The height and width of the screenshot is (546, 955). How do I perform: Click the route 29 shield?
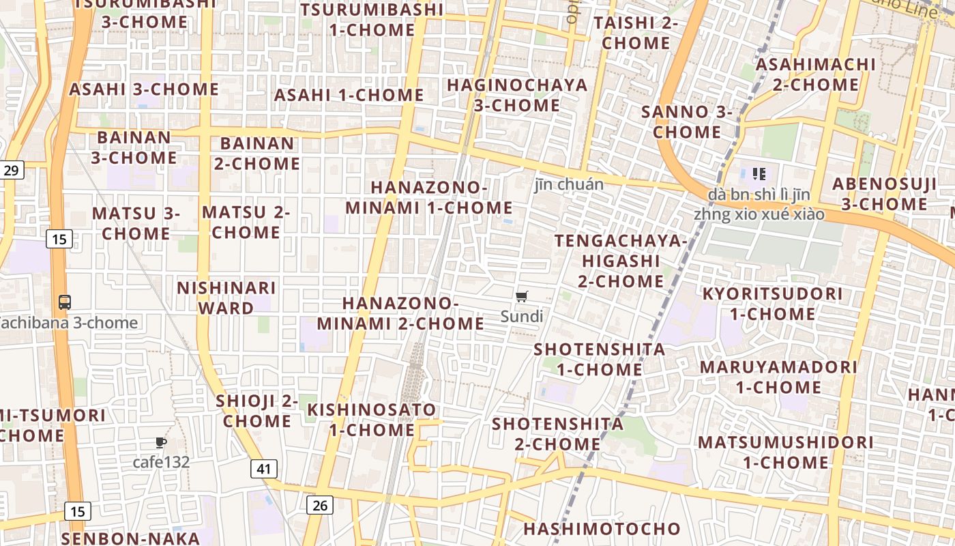click(11, 170)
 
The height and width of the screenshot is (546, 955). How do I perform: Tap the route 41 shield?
click(264, 469)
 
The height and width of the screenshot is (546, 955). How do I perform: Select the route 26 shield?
click(319, 505)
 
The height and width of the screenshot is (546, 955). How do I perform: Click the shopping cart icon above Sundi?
click(522, 296)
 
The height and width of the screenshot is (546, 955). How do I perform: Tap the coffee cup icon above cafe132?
click(161, 443)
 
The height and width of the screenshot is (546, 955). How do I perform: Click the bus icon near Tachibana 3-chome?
click(65, 302)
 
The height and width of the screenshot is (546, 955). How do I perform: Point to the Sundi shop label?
click(522, 316)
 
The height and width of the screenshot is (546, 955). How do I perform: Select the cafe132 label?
click(161, 462)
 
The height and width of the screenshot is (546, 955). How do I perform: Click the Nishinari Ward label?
click(226, 298)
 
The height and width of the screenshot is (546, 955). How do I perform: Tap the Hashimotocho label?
click(602, 528)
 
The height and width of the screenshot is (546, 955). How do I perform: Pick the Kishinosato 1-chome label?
click(372, 420)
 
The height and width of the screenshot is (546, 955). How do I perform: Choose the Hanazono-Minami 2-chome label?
click(400, 313)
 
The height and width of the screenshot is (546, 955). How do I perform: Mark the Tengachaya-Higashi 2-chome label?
click(621, 261)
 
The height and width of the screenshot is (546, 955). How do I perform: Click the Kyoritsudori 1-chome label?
click(773, 304)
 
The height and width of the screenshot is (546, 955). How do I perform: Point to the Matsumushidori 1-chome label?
click(785, 452)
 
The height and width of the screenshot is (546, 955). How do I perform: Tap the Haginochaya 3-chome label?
click(517, 95)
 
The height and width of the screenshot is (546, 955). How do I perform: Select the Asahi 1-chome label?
click(349, 95)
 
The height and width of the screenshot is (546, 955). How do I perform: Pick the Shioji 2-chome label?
click(257, 411)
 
